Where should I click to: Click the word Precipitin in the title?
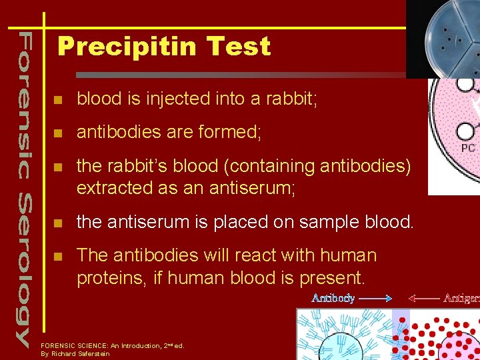[128, 47]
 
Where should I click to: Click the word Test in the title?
[238, 47]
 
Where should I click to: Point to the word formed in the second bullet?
[226, 132]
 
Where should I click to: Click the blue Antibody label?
[333, 298]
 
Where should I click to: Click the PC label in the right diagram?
[468, 148]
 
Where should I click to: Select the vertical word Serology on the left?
[24, 269]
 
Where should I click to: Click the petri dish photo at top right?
[443, 39]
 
